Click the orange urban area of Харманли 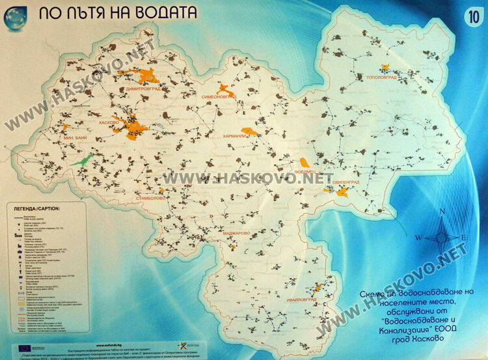coord(250,131)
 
